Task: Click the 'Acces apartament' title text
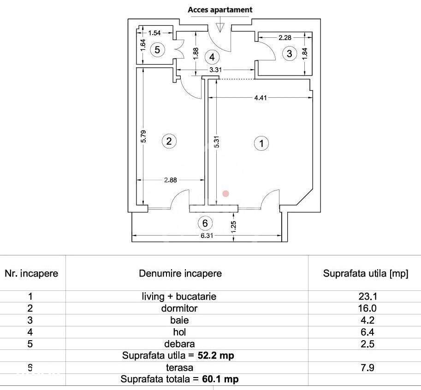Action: (x=220, y=10)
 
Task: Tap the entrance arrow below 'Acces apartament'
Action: (x=220, y=25)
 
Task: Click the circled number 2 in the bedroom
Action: (x=169, y=141)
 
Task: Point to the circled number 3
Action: (x=289, y=53)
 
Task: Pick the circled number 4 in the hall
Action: (x=212, y=57)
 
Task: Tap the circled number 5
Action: (x=157, y=50)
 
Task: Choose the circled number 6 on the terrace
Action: (x=205, y=223)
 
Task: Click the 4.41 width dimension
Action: (x=261, y=98)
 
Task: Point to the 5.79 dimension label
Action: (x=144, y=136)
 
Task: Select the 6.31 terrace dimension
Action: (x=207, y=236)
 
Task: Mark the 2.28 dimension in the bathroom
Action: (x=285, y=38)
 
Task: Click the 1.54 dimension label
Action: (x=154, y=33)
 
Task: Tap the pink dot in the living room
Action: (x=226, y=194)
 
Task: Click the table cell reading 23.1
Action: (x=368, y=296)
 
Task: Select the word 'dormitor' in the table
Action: (x=179, y=308)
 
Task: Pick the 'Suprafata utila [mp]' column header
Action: (x=365, y=273)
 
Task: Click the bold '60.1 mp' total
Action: (x=220, y=379)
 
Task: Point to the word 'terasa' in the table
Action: (x=179, y=367)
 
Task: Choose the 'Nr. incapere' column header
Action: (x=31, y=273)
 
